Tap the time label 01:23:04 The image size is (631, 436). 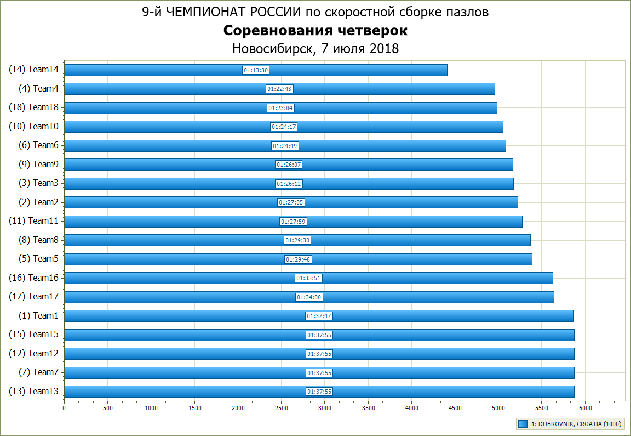[281, 108]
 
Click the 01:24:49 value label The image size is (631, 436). [285, 146]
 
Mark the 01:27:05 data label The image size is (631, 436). [291, 202]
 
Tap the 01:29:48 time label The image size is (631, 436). [298, 259]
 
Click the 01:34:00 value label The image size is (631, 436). [309, 297]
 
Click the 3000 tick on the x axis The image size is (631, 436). [325, 408]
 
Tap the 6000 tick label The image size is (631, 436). [585, 408]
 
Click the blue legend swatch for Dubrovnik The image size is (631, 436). [523, 424]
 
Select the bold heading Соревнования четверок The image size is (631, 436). [315, 31]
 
